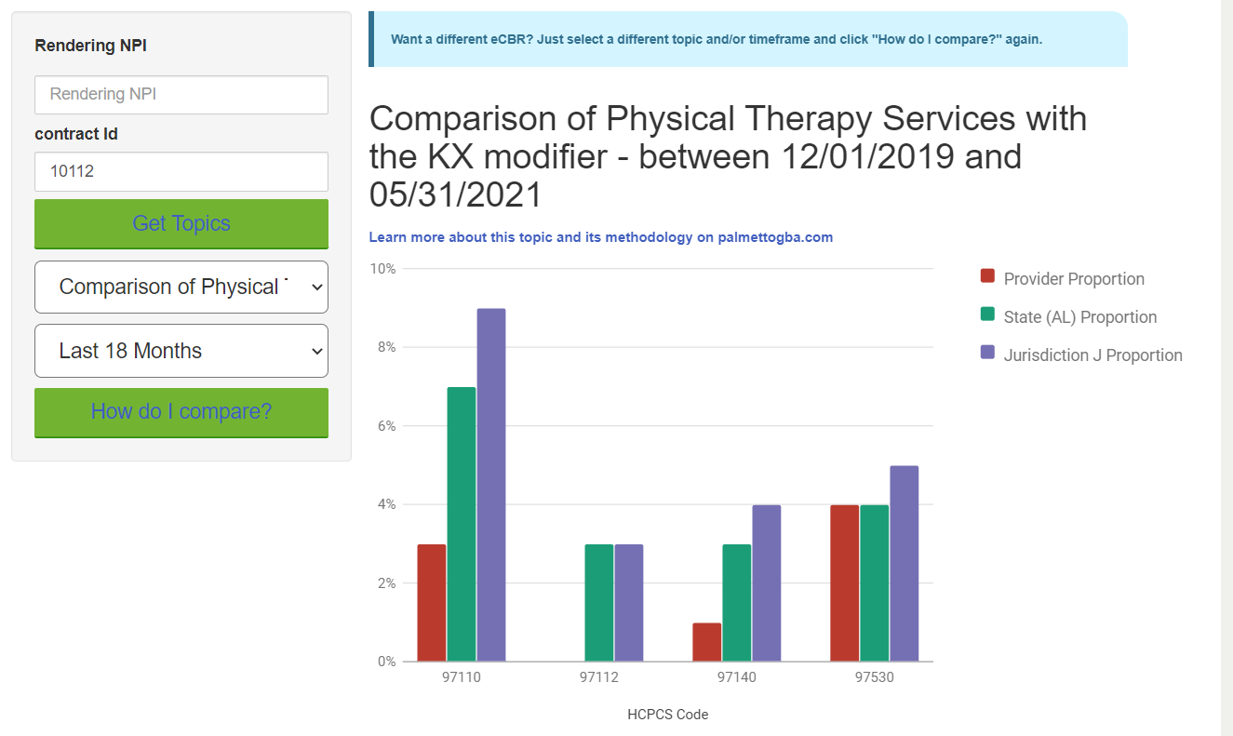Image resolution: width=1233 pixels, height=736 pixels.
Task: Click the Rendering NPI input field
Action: click(x=181, y=95)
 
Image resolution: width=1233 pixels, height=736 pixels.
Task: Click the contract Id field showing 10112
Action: click(x=181, y=171)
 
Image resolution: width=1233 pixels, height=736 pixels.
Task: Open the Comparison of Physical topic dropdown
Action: click(x=181, y=287)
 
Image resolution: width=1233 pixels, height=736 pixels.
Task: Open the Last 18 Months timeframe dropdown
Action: click(x=181, y=351)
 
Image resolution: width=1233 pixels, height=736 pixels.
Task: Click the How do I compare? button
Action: click(x=181, y=412)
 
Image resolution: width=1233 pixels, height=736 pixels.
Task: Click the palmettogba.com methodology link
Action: click(x=600, y=237)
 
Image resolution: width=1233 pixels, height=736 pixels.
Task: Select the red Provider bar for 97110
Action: click(x=432, y=603)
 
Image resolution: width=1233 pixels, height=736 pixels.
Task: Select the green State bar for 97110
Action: click(x=462, y=524)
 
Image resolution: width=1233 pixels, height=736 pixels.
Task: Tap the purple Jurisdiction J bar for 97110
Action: click(x=491, y=485)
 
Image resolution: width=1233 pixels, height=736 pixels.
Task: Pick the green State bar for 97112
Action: click(x=599, y=603)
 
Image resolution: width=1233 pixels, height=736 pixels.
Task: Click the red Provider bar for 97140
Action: click(x=707, y=642)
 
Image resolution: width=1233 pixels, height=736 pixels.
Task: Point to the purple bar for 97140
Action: click(x=767, y=583)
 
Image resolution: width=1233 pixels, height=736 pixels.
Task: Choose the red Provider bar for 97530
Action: click(x=845, y=583)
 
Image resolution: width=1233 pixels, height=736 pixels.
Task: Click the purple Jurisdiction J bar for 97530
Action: click(x=904, y=564)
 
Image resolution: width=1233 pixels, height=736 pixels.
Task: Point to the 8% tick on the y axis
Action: click(x=384, y=347)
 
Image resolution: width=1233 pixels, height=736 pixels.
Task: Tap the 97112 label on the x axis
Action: click(x=599, y=677)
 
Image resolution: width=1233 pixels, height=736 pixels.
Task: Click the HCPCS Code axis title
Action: click(x=667, y=715)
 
